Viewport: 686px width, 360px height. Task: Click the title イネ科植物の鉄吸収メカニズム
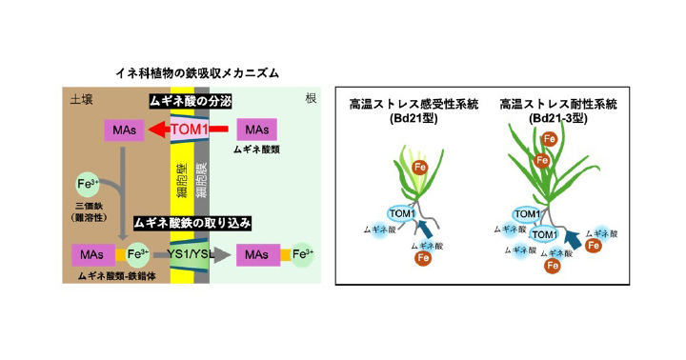[197, 73]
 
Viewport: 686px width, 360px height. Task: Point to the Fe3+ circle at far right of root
[302, 254]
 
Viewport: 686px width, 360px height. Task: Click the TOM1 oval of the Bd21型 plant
[402, 214]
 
